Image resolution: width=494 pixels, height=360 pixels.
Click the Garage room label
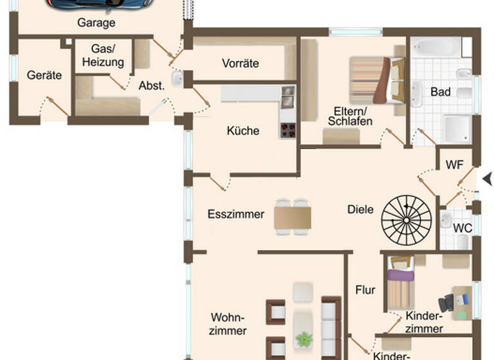96,23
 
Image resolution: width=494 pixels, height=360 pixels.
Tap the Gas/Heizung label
102,56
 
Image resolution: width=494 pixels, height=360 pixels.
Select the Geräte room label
44,75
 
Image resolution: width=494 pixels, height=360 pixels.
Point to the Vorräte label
240,63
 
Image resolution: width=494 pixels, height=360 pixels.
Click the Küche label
243,130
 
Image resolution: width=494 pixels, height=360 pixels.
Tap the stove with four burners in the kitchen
287,130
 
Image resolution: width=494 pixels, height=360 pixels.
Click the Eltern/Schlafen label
350,116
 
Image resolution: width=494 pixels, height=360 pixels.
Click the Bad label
441,92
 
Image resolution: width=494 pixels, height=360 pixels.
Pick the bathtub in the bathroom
437,47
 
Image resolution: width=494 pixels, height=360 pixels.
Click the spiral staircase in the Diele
406,219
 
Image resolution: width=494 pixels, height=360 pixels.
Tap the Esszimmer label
235,214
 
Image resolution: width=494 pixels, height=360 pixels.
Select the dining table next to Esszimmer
293,216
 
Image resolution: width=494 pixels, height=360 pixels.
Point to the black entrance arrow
488,179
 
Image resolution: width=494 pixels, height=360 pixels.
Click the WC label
462,228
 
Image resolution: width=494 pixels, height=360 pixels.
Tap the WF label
455,165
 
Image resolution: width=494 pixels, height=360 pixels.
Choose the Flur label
365,290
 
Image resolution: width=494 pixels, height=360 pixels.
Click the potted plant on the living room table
302,337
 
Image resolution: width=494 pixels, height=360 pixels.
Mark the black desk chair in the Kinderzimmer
446,303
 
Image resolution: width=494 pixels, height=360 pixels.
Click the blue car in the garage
100,3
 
